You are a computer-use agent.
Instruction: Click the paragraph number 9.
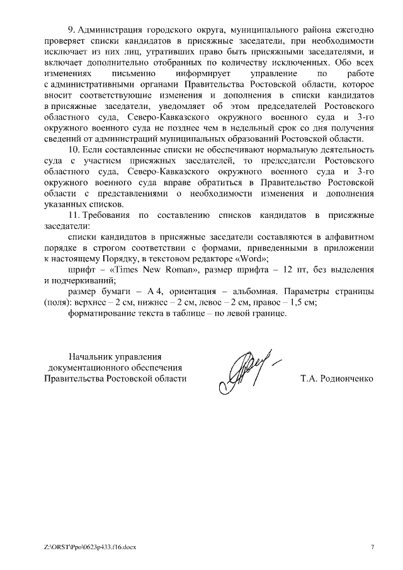[x=70, y=30]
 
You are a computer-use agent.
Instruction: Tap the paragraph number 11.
[x=72, y=215]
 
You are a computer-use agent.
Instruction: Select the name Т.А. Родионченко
[x=338, y=379]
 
